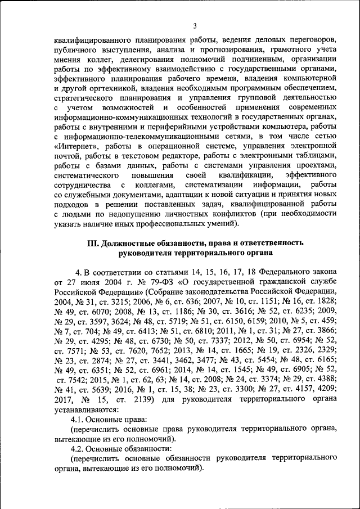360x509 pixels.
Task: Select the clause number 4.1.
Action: (x=79, y=420)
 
